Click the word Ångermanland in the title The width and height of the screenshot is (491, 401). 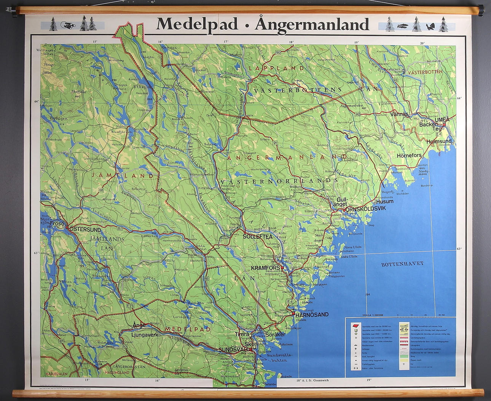(x=312, y=24)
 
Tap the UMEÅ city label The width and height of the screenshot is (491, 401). (x=442, y=120)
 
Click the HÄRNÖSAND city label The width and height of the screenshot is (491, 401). (x=312, y=315)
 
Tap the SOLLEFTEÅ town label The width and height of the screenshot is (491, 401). (x=258, y=236)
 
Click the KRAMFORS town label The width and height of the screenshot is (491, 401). (x=265, y=268)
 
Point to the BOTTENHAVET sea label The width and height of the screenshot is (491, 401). (x=402, y=264)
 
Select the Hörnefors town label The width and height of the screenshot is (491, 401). (x=409, y=155)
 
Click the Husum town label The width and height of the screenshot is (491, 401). (x=384, y=201)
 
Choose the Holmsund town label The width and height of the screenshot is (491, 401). (x=439, y=141)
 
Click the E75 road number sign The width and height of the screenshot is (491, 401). (x=131, y=305)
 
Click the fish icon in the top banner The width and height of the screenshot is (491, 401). (x=402, y=26)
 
